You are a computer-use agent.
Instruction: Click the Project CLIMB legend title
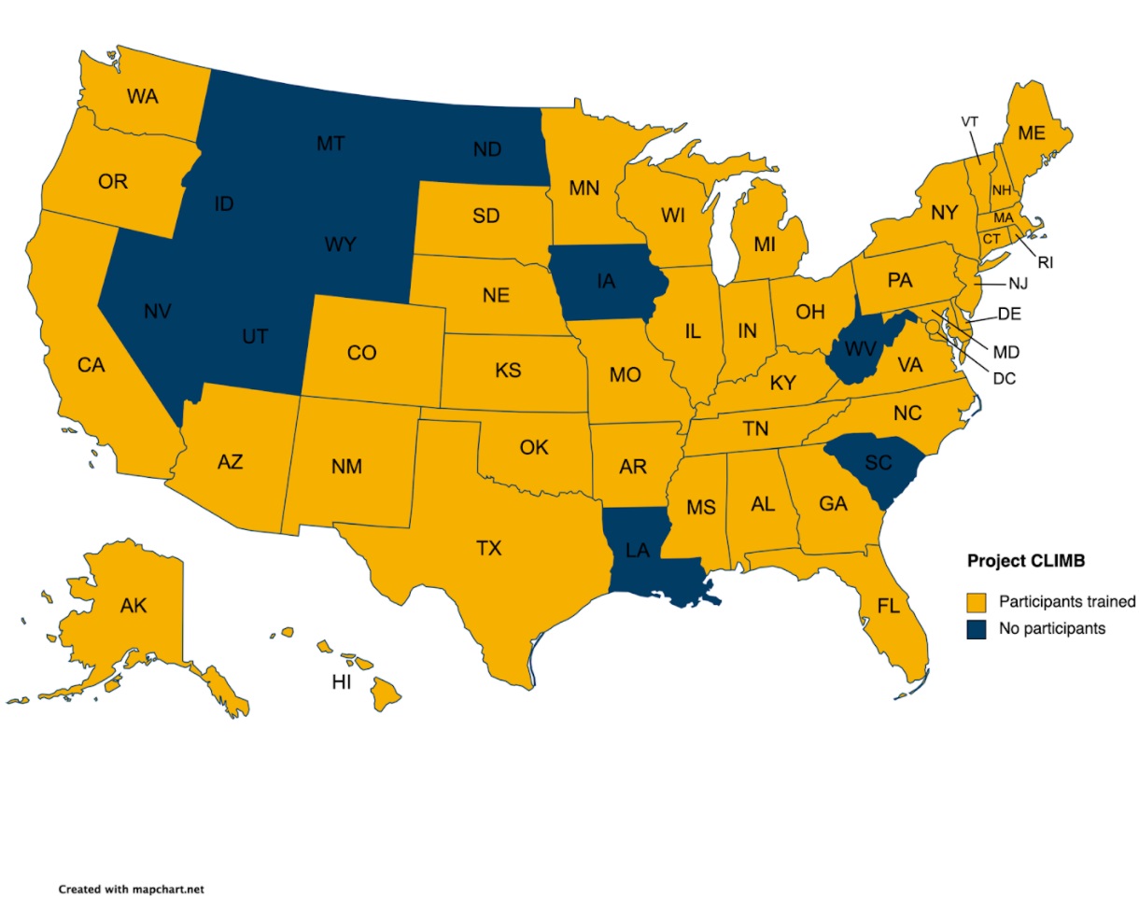(x=1025, y=561)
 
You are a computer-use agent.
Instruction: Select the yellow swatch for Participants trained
(x=977, y=601)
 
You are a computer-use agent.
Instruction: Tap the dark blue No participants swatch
(x=977, y=629)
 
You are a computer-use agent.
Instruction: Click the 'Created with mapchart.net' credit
(x=131, y=890)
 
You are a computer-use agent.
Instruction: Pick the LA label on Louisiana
(x=638, y=550)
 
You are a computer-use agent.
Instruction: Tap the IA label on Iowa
(x=605, y=279)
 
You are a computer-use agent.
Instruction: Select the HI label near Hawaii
(x=342, y=683)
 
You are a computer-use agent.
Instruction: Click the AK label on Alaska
(x=134, y=606)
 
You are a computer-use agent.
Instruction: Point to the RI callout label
(x=1045, y=263)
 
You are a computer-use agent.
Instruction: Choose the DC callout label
(x=1005, y=379)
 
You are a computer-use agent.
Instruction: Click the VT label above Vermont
(x=970, y=121)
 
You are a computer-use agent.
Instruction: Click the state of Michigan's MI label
(x=765, y=245)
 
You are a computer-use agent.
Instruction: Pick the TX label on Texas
(x=488, y=548)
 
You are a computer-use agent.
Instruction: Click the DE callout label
(x=1009, y=314)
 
